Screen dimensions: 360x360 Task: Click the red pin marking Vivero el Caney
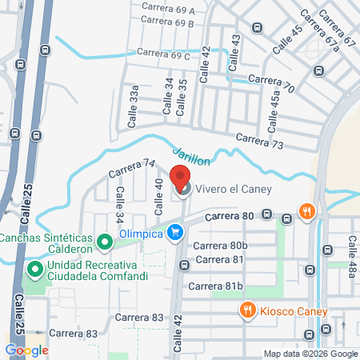pyautogui.click(x=182, y=180)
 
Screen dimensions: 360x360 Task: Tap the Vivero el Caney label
pyautogui.click(x=230, y=190)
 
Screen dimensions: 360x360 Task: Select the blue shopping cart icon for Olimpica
pyautogui.click(x=177, y=233)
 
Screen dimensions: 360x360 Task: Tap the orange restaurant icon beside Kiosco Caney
pyautogui.click(x=248, y=310)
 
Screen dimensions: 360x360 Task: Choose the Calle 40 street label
pyautogui.click(x=158, y=196)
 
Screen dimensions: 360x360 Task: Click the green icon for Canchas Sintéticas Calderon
pyautogui.click(x=103, y=241)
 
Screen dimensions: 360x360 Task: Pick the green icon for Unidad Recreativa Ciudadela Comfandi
pyautogui.click(x=34, y=269)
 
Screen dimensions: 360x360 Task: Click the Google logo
pyautogui.click(x=26, y=349)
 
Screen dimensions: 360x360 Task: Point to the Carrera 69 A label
pyautogui.click(x=167, y=10)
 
